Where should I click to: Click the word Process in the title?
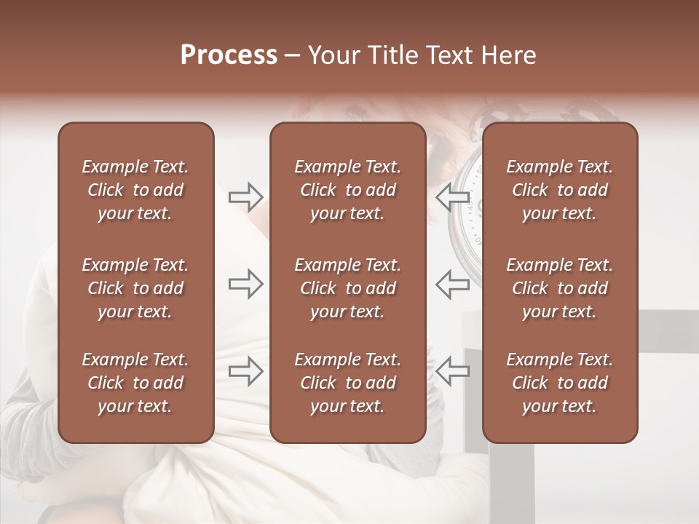[x=229, y=55]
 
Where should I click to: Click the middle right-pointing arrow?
[x=245, y=284]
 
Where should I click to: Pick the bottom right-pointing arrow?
[x=245, y=371]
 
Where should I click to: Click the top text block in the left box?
[x=135, y=190]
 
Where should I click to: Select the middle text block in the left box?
[x=135, y=288]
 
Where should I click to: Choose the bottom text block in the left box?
[x=135, y=383]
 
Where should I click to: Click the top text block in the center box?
[x=347, y=190]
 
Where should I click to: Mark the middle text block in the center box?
[x=347, y=288]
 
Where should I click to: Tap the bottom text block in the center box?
[x=347, y=383]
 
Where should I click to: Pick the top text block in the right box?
[x=559, y=190]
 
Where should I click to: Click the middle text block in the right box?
[x=559, y=288]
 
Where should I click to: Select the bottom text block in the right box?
[x=559, y=383]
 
